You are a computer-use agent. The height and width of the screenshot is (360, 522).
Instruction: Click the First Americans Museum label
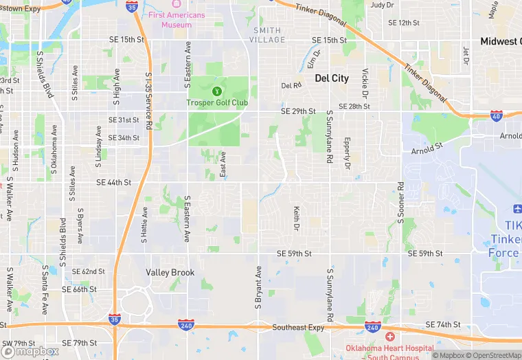177,19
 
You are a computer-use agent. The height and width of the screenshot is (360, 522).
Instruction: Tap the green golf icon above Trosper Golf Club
217,90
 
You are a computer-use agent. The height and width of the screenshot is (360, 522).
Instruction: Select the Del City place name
332,78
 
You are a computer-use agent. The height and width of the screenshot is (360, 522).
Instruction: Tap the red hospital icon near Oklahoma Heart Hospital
390,337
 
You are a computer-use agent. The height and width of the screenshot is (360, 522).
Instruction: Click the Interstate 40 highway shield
495,116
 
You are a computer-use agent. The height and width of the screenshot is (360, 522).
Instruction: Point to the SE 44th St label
113,182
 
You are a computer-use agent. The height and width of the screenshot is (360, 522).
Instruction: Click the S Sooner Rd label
400,204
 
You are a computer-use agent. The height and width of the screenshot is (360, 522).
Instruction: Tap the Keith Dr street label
297,218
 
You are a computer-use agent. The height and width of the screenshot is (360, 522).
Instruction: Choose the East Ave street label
223,166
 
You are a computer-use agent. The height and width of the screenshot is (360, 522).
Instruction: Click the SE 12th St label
404,23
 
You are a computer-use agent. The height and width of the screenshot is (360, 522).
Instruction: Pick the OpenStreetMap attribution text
494,355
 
